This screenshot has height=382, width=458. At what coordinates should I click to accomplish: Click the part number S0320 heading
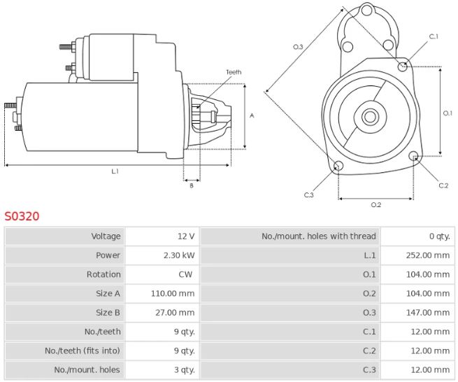coord(22,216)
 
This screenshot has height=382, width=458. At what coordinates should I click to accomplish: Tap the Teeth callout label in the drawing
coord(233,72)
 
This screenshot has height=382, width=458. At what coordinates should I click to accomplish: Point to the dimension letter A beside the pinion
coord(252,115)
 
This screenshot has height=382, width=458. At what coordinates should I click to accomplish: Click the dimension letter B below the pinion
coord(191,186)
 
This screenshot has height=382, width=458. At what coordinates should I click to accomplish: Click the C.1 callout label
coord(433,36)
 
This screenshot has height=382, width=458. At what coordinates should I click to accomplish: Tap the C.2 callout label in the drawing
coord(443,185)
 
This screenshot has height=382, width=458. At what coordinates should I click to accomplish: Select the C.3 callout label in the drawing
coord(308,195)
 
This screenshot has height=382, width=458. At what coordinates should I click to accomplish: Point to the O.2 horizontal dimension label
coord(375,205)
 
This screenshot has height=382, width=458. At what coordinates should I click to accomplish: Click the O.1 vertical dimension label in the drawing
coord(448,113)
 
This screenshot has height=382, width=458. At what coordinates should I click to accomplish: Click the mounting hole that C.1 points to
coord(402,66)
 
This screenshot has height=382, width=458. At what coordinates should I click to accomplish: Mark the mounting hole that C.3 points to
coord(338,167)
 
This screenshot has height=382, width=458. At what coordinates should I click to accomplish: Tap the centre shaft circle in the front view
coord(369,116)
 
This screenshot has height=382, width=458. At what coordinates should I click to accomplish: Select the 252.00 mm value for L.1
coord(428,255)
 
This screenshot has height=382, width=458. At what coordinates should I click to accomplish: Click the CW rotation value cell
coord(186,274)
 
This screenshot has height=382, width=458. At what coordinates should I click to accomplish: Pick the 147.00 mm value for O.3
coord(428,313)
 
